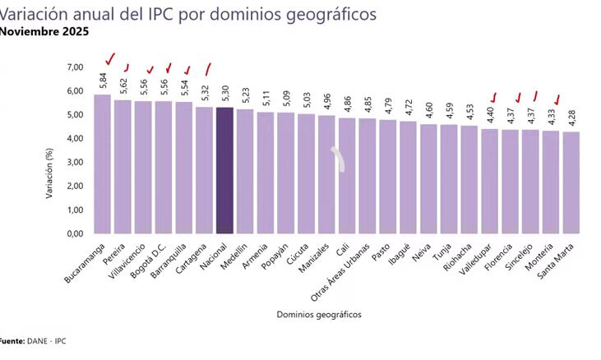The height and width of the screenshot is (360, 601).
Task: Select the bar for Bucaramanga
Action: (x=102, y=164)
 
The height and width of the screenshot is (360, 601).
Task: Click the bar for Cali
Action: (x=347, y=176)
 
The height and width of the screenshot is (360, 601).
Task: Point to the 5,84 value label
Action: (x=103, y=81)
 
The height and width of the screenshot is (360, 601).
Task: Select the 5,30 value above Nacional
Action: (x=225, y=94)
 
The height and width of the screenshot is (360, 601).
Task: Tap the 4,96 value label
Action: (x=327, y=102)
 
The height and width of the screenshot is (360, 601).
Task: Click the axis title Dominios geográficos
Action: (x=318, y=314)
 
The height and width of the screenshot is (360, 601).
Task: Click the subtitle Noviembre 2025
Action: (x=44, y=32)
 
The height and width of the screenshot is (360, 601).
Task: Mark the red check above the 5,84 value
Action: (x=109, y=59)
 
